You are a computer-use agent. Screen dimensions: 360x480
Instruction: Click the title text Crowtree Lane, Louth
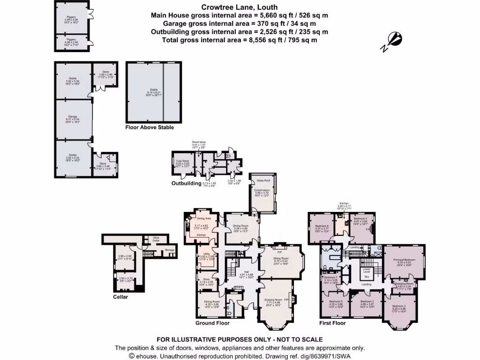(239, 7)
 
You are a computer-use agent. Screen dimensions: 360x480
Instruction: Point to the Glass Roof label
(262, 180)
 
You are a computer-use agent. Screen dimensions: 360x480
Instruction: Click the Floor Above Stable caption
(150, 127)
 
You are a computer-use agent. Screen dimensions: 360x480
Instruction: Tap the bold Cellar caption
(120, 297)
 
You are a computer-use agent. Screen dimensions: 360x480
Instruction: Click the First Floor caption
(333, 323)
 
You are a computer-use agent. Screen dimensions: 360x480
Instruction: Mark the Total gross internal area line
(240, 40)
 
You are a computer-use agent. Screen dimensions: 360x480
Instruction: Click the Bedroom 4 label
(360, 219)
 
